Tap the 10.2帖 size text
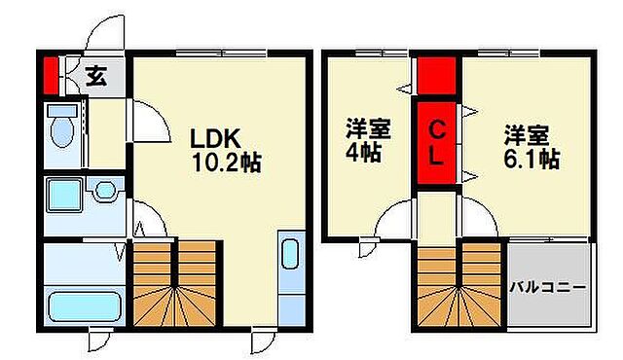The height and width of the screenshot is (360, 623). [x=223, y=162]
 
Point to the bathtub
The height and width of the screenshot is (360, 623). [x=83, y=307]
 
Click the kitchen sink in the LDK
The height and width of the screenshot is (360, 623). [x=290, y=256]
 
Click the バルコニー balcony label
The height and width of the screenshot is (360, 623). [x=549, y=289]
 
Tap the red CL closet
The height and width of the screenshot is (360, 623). [x=437, y=142]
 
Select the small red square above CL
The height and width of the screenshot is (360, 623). [x=438, y=74]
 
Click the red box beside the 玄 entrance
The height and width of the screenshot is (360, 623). [x=51, y=74]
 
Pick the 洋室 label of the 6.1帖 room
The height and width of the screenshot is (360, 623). [x=527, y=133]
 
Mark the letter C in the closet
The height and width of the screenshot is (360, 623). [x=438, y=128]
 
